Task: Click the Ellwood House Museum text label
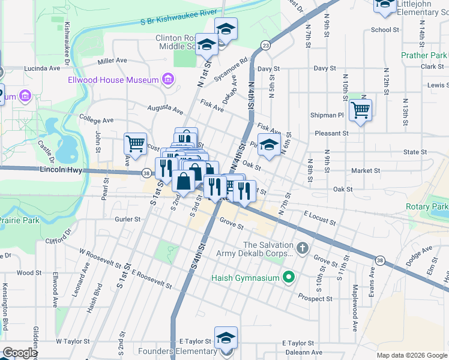click(x=113, y=80)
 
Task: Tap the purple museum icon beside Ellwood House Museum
click(x=167, y=80)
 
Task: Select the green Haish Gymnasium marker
click(x=288, y=277)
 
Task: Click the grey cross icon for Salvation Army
click(x=303, y=248)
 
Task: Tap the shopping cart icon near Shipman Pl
click(x=360, y=110)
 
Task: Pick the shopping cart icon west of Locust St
click(x=136, y=143)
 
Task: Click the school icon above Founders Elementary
click(x=226, y=337)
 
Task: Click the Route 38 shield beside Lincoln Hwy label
click(x=146, y=173)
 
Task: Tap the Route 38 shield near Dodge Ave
click(x=379, y=260)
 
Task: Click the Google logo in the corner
click(x=20, y=353)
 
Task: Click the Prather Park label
click(x=424, y=55)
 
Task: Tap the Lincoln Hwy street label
click(x=60, y=170)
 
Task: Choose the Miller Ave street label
click(x=112, y=61)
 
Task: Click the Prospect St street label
click(x=316, y=298)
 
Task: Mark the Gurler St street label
click(x=127, y=220)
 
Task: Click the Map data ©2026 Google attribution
click(x=411, y=355)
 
